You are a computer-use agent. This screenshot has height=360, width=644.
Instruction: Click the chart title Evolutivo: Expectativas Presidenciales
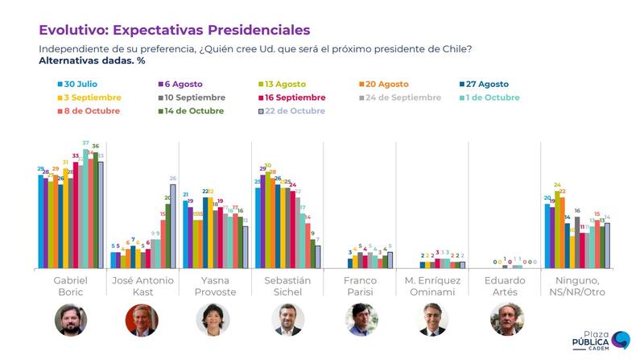click(174, 31)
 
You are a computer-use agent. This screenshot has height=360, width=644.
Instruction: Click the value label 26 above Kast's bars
click(173, 178)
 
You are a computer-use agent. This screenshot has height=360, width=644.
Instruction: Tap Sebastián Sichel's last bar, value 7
click(318, 256)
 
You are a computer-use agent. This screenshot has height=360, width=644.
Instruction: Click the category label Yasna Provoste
click(215, 286)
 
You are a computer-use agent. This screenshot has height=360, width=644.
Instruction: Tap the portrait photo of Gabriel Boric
click(70, 321)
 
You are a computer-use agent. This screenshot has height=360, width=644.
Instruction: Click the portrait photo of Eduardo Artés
click(506, 321)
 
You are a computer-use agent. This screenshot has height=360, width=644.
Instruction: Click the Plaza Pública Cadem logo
click(600, 340)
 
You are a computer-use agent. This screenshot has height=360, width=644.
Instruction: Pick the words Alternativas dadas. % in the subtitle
click(92, 60)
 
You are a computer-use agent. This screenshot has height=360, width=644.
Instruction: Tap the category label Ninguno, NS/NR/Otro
click(577, 286)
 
